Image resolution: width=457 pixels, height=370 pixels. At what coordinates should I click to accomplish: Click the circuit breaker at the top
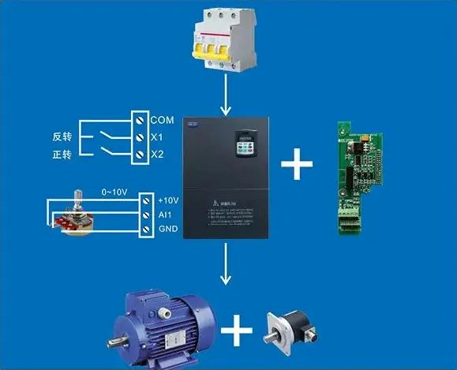[227, 40]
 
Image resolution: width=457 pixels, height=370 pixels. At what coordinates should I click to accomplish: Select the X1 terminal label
[157, 137]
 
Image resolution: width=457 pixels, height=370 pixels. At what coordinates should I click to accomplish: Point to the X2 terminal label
[157, 154]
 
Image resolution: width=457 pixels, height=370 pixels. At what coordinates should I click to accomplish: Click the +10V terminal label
[169, 200]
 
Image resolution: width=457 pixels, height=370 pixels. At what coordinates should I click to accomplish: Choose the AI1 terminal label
[165, 215]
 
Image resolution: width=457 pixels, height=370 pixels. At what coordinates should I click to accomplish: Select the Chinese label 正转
[62, 155]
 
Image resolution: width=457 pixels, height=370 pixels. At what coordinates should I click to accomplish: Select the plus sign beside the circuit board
[297, 164]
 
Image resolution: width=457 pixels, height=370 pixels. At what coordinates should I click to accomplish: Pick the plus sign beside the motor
[235, 331]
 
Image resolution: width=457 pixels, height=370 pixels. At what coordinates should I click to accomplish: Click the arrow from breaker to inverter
[227, 98]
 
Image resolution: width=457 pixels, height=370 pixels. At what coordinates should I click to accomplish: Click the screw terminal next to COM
[140, 120]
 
